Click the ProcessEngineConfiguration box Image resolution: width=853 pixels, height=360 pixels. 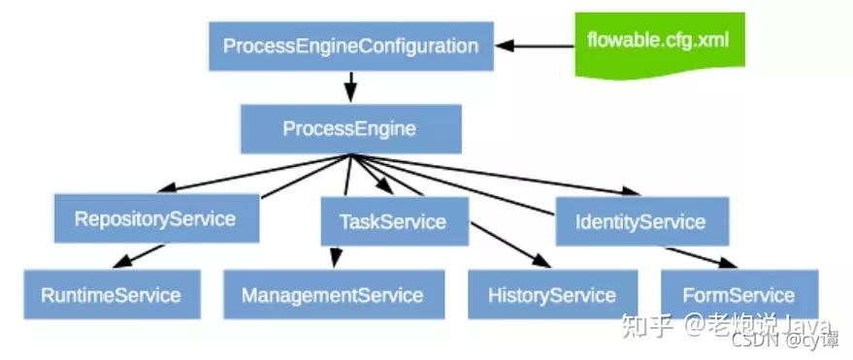(x=350, y=46)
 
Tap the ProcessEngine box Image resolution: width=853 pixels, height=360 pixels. (x=349, y=128)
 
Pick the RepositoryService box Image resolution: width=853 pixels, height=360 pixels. (x=155, y=218)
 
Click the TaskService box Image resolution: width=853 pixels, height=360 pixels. (x=393, y=221)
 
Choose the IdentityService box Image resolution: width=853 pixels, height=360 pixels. (x=640, y=221)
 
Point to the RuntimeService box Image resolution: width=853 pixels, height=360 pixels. (x=111, y=295)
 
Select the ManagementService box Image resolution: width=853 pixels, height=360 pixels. (x=333, y=295)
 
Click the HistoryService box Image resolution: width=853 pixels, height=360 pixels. (x=552, y=295)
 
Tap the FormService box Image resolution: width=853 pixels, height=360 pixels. (x=738, y=295)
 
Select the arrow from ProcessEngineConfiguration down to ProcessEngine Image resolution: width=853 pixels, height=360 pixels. (x=350, y=85)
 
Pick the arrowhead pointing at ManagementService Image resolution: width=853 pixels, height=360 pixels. (x=336, y=260)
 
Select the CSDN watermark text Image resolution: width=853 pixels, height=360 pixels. (x=753, y=340)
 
